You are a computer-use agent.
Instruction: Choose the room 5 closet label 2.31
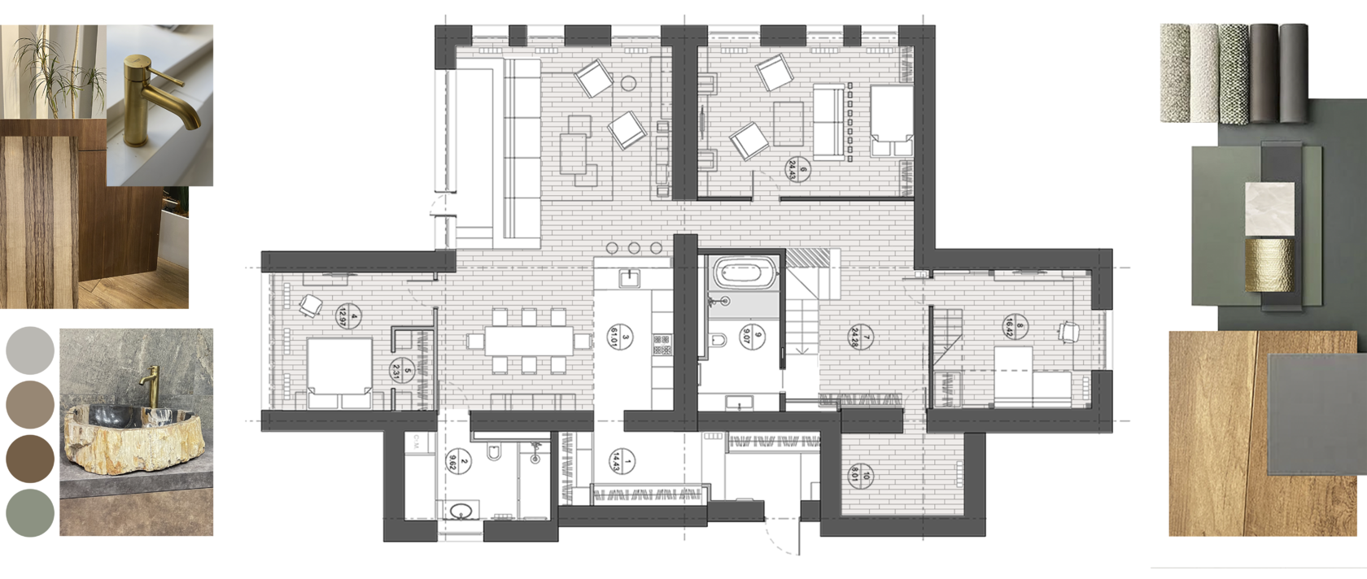[402, 371]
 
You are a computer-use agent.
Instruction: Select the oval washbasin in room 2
[461, 512]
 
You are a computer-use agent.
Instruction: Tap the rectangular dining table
[529, 340]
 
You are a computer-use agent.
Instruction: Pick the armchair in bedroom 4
[310, 306]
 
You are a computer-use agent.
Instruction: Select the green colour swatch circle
[30, 512]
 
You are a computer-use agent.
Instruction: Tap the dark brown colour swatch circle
[30, 458]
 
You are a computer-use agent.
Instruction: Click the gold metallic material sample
[1269, 263]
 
